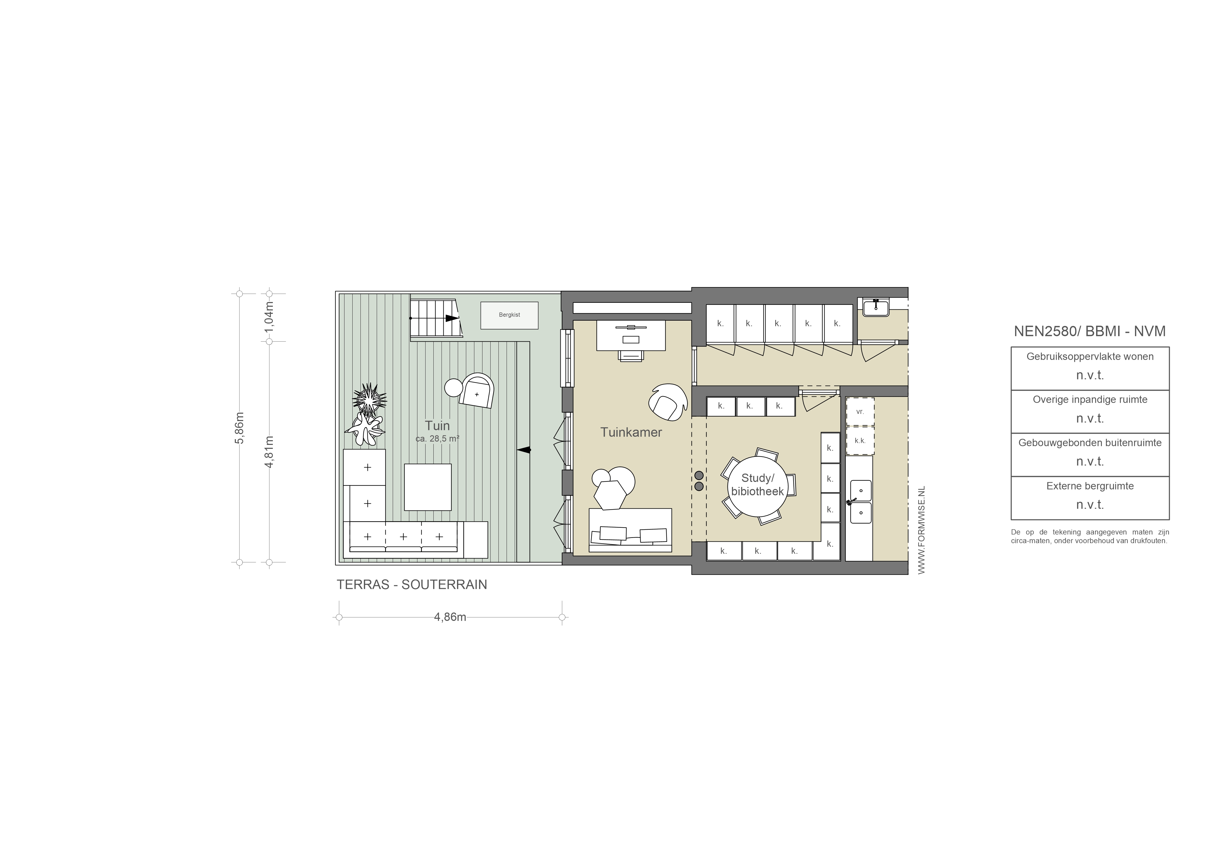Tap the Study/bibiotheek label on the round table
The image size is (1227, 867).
tap(757, 484)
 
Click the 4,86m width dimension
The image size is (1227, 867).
tap(450, 617)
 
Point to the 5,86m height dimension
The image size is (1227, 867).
tap(240, 427)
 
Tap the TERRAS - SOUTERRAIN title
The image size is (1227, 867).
tap(412, 584)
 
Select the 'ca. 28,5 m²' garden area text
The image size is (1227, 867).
tap(437, 439)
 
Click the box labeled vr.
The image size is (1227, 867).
tap(860, 411)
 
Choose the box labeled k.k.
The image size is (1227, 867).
tap(860, 441)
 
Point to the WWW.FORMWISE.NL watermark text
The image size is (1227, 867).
tap(921, 530)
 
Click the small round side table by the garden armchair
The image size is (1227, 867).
tap(454, 387)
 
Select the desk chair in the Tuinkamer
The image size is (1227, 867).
tap(631, 355)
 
